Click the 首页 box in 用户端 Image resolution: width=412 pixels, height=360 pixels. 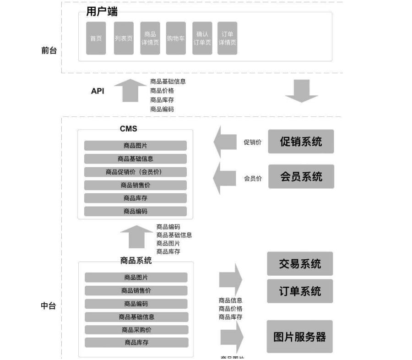click(96, 38)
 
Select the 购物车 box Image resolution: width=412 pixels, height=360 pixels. click(176, 38)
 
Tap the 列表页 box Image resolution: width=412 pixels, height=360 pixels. click(124, 38)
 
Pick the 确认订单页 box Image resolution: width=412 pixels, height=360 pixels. click(202, 38)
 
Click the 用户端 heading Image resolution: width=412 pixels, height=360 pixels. click(102, 12)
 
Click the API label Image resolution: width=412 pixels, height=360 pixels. click(98, 91)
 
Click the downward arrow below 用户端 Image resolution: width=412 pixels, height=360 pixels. click(301, 91)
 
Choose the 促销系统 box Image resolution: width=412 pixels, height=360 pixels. click(301, 142)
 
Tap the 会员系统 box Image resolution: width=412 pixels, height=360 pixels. click(301, 176)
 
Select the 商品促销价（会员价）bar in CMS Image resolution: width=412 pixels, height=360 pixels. click(136, 172)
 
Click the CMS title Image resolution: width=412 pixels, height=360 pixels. click(128, 129)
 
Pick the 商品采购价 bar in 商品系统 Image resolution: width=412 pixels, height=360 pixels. click(136, 330)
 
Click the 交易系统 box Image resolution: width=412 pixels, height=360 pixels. click(300, 263)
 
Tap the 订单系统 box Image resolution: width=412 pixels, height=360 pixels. click(300, 291)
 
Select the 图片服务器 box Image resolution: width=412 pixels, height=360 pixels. click(300, 337)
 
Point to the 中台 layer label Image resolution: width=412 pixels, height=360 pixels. click(49, 306)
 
